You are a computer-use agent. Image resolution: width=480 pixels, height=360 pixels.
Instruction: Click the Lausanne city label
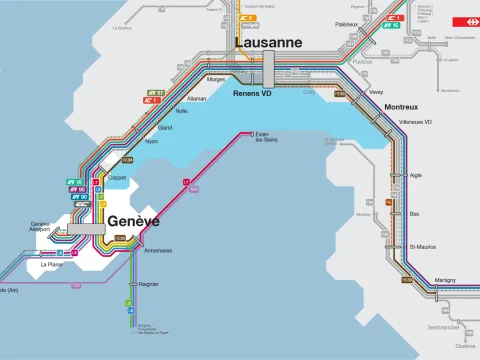tap(267, 43)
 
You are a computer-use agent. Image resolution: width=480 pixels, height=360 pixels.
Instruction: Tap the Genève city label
tap(133, 221)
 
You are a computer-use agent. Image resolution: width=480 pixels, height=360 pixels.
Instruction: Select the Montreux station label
tap(403, 106)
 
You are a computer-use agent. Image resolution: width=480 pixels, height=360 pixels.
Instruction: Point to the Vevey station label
tap(376, 91)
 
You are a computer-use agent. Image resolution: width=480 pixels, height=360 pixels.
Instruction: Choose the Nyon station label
tap(152, 142)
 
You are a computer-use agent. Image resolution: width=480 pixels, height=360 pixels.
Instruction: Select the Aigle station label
tap(416, 175)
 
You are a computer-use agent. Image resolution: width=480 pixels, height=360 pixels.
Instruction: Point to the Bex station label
tap(415, 213)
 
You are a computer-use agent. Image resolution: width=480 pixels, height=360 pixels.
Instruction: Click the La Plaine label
tap(51, 265)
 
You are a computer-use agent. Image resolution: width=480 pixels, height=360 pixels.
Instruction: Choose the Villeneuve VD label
tap(415, 122)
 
